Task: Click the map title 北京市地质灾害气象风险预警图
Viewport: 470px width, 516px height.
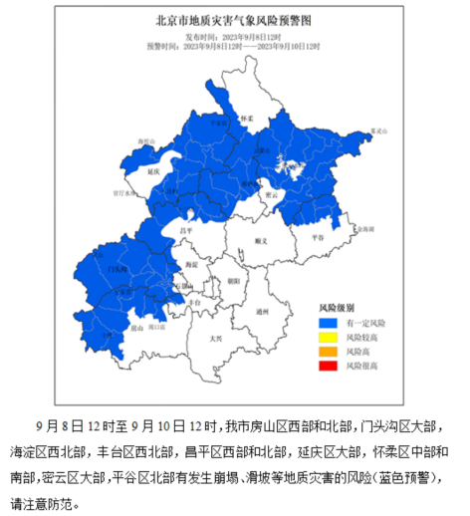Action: [x=234, y=20]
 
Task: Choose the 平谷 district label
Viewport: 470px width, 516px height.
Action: [x=317, y=238]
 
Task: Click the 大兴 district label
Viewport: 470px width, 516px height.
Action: [x=215, y=339]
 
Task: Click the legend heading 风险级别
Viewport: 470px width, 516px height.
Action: [x=336, y=309]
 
